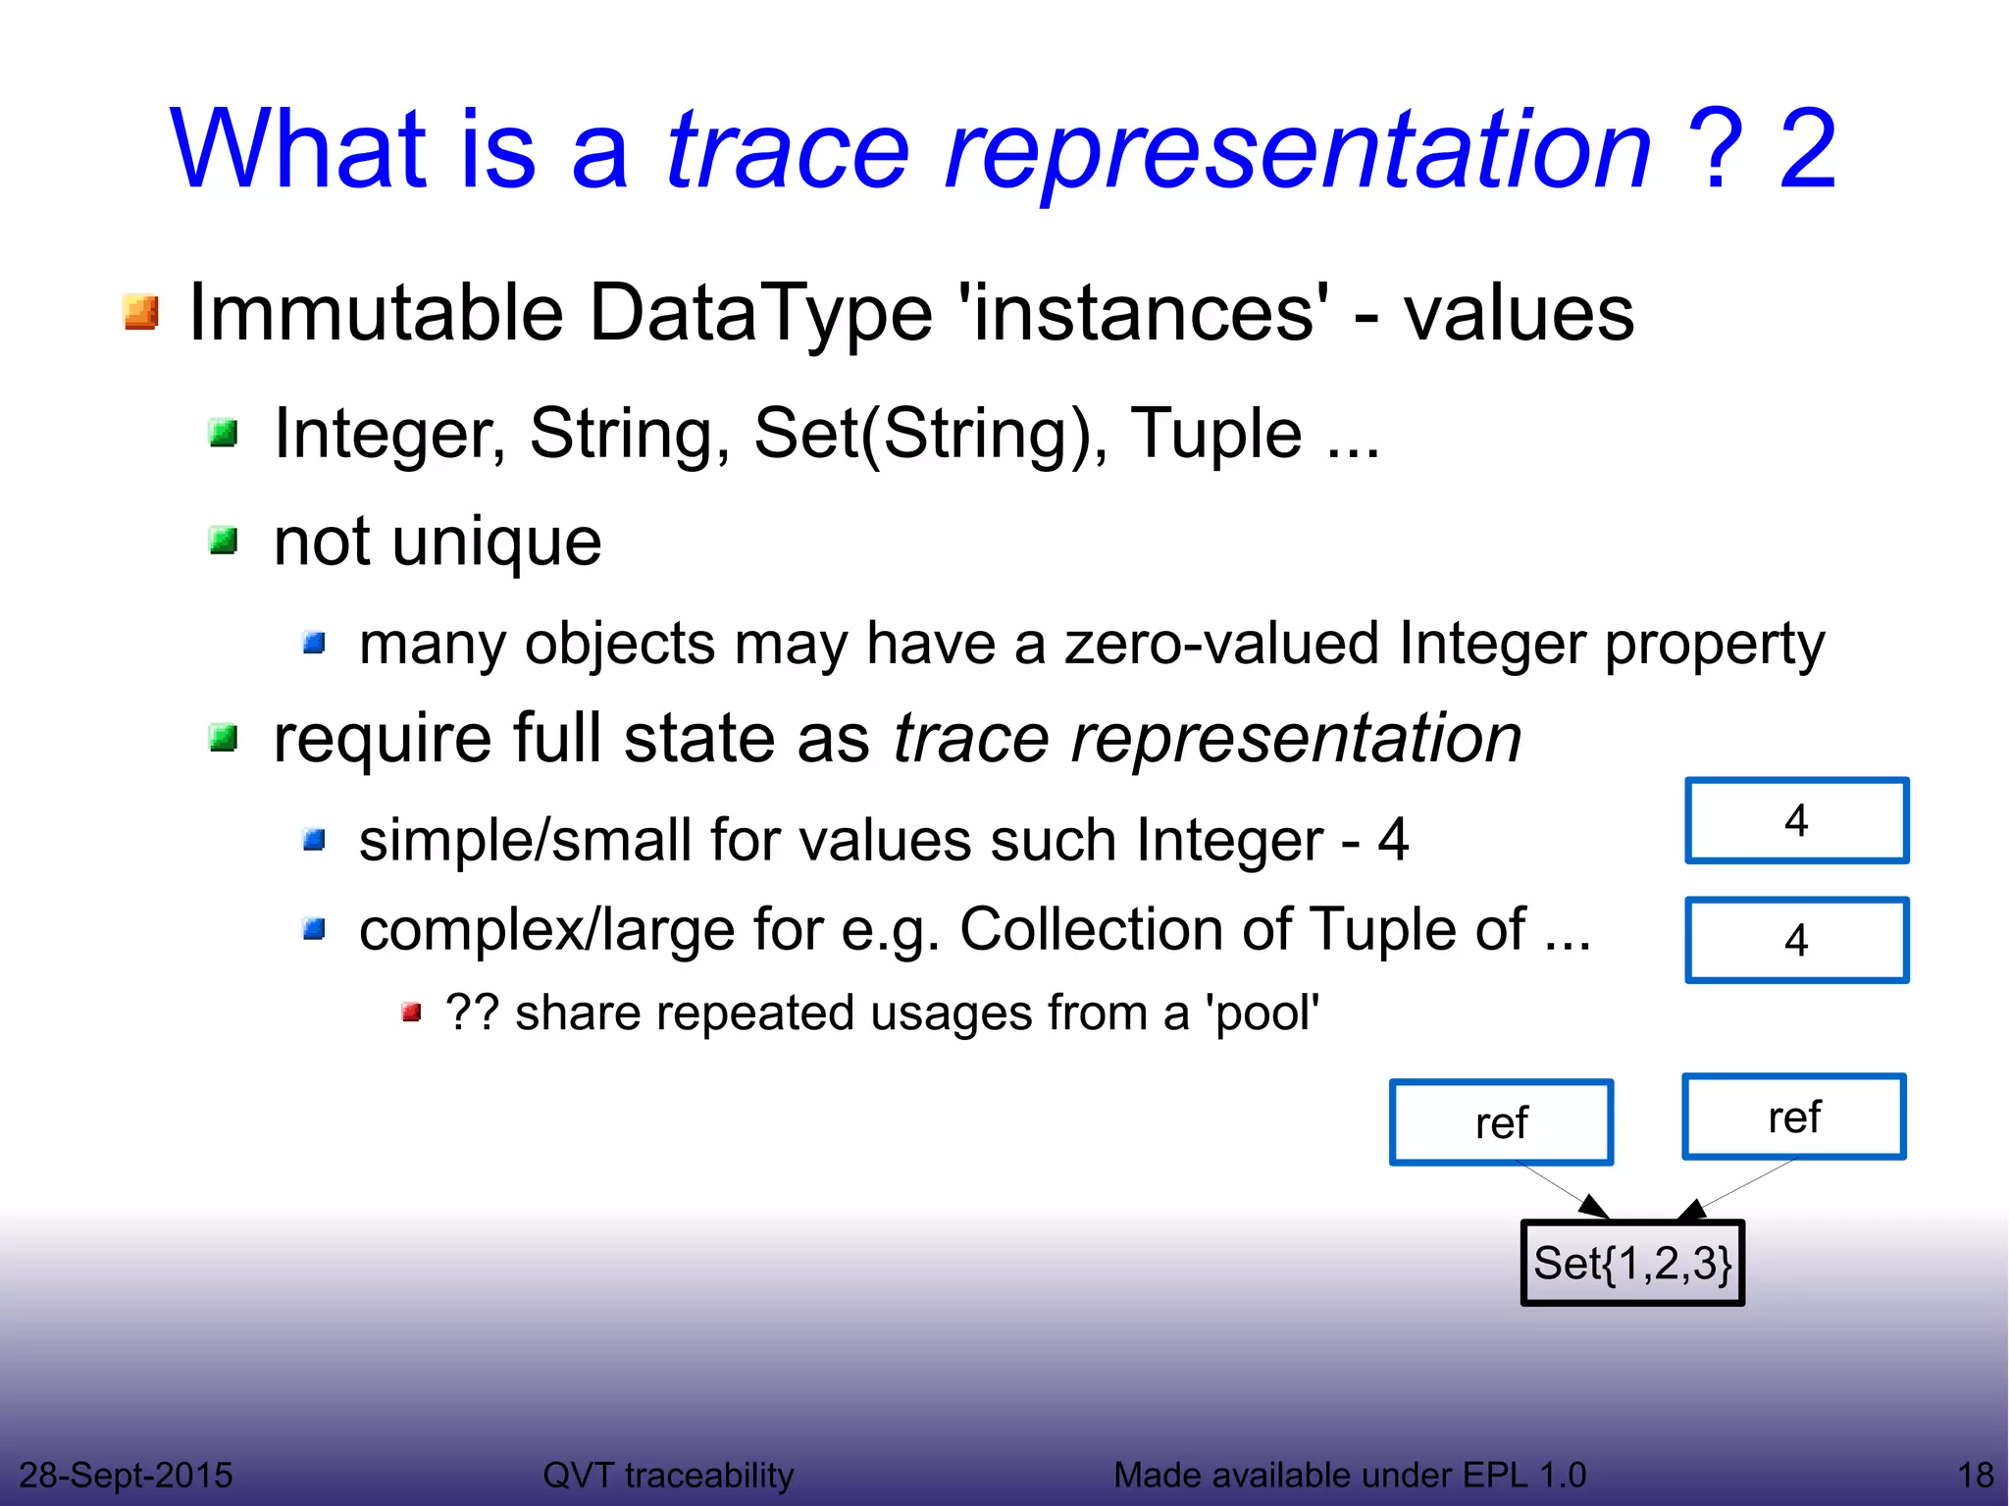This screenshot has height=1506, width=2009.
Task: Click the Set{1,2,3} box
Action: point(1631,1263)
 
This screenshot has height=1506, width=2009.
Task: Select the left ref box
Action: point(1501,1122)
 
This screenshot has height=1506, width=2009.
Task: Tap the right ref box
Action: point(1793,1117)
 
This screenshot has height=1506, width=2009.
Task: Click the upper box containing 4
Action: point(1796,820)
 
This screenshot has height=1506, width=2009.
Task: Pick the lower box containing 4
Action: point(1796,940)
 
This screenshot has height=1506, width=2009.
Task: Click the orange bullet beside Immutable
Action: point(141,313)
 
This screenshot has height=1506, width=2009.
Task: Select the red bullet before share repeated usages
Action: point(411,1013)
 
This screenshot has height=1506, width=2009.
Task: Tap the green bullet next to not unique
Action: point(224,540)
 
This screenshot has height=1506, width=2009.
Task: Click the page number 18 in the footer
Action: point(1975,1475)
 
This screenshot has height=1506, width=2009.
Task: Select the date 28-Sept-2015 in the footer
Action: point(126,1475)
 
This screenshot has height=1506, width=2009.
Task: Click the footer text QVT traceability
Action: point(668,1475)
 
